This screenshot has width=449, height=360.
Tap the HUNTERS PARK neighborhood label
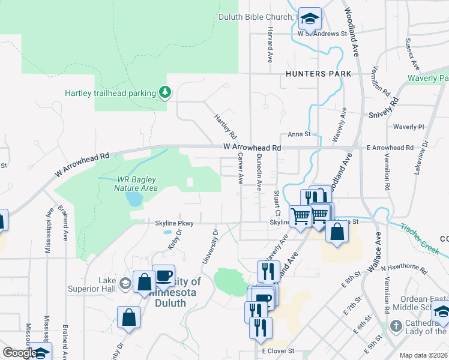click(313, 74)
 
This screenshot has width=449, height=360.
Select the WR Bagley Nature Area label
click(137, 184)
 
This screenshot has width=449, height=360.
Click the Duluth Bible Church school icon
click(310, 19)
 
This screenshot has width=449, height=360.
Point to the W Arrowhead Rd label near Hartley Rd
click(252, 147)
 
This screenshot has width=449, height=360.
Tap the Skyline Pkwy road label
click(174, 223)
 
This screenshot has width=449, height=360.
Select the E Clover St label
click(279, 350)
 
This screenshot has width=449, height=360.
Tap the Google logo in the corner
click(20, 353)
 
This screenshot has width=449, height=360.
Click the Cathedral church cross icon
click(396, 327)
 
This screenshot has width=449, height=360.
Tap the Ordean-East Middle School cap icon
click(441, 312)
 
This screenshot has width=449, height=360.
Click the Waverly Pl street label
click(408, 127)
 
